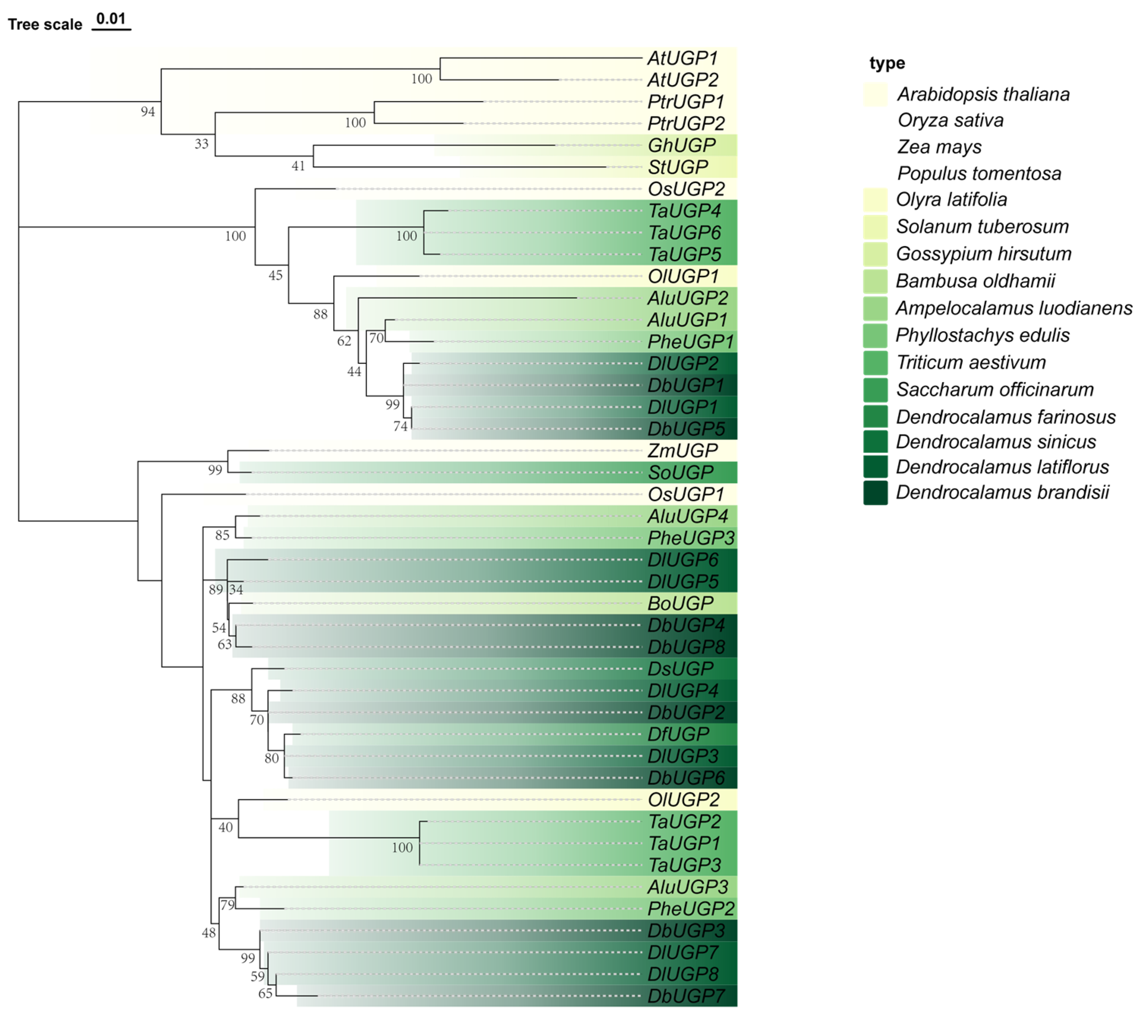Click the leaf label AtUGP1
tap(682, 58)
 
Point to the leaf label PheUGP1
tap(690, 341)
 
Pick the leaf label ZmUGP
tap(682, 450)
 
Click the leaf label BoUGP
tap(680, 603)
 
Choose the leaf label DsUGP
tap(680, 668)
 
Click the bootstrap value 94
tap(148, 112)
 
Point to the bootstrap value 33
tap(202, 144)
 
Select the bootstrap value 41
tap(298, 166)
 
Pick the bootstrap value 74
tap(400, 426)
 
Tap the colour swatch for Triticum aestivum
tap(875, 363)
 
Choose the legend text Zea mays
tap(939, 147)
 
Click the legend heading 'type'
tap(887, 63)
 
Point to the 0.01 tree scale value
tap(111, 19)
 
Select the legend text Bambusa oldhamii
tap(975, 281)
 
